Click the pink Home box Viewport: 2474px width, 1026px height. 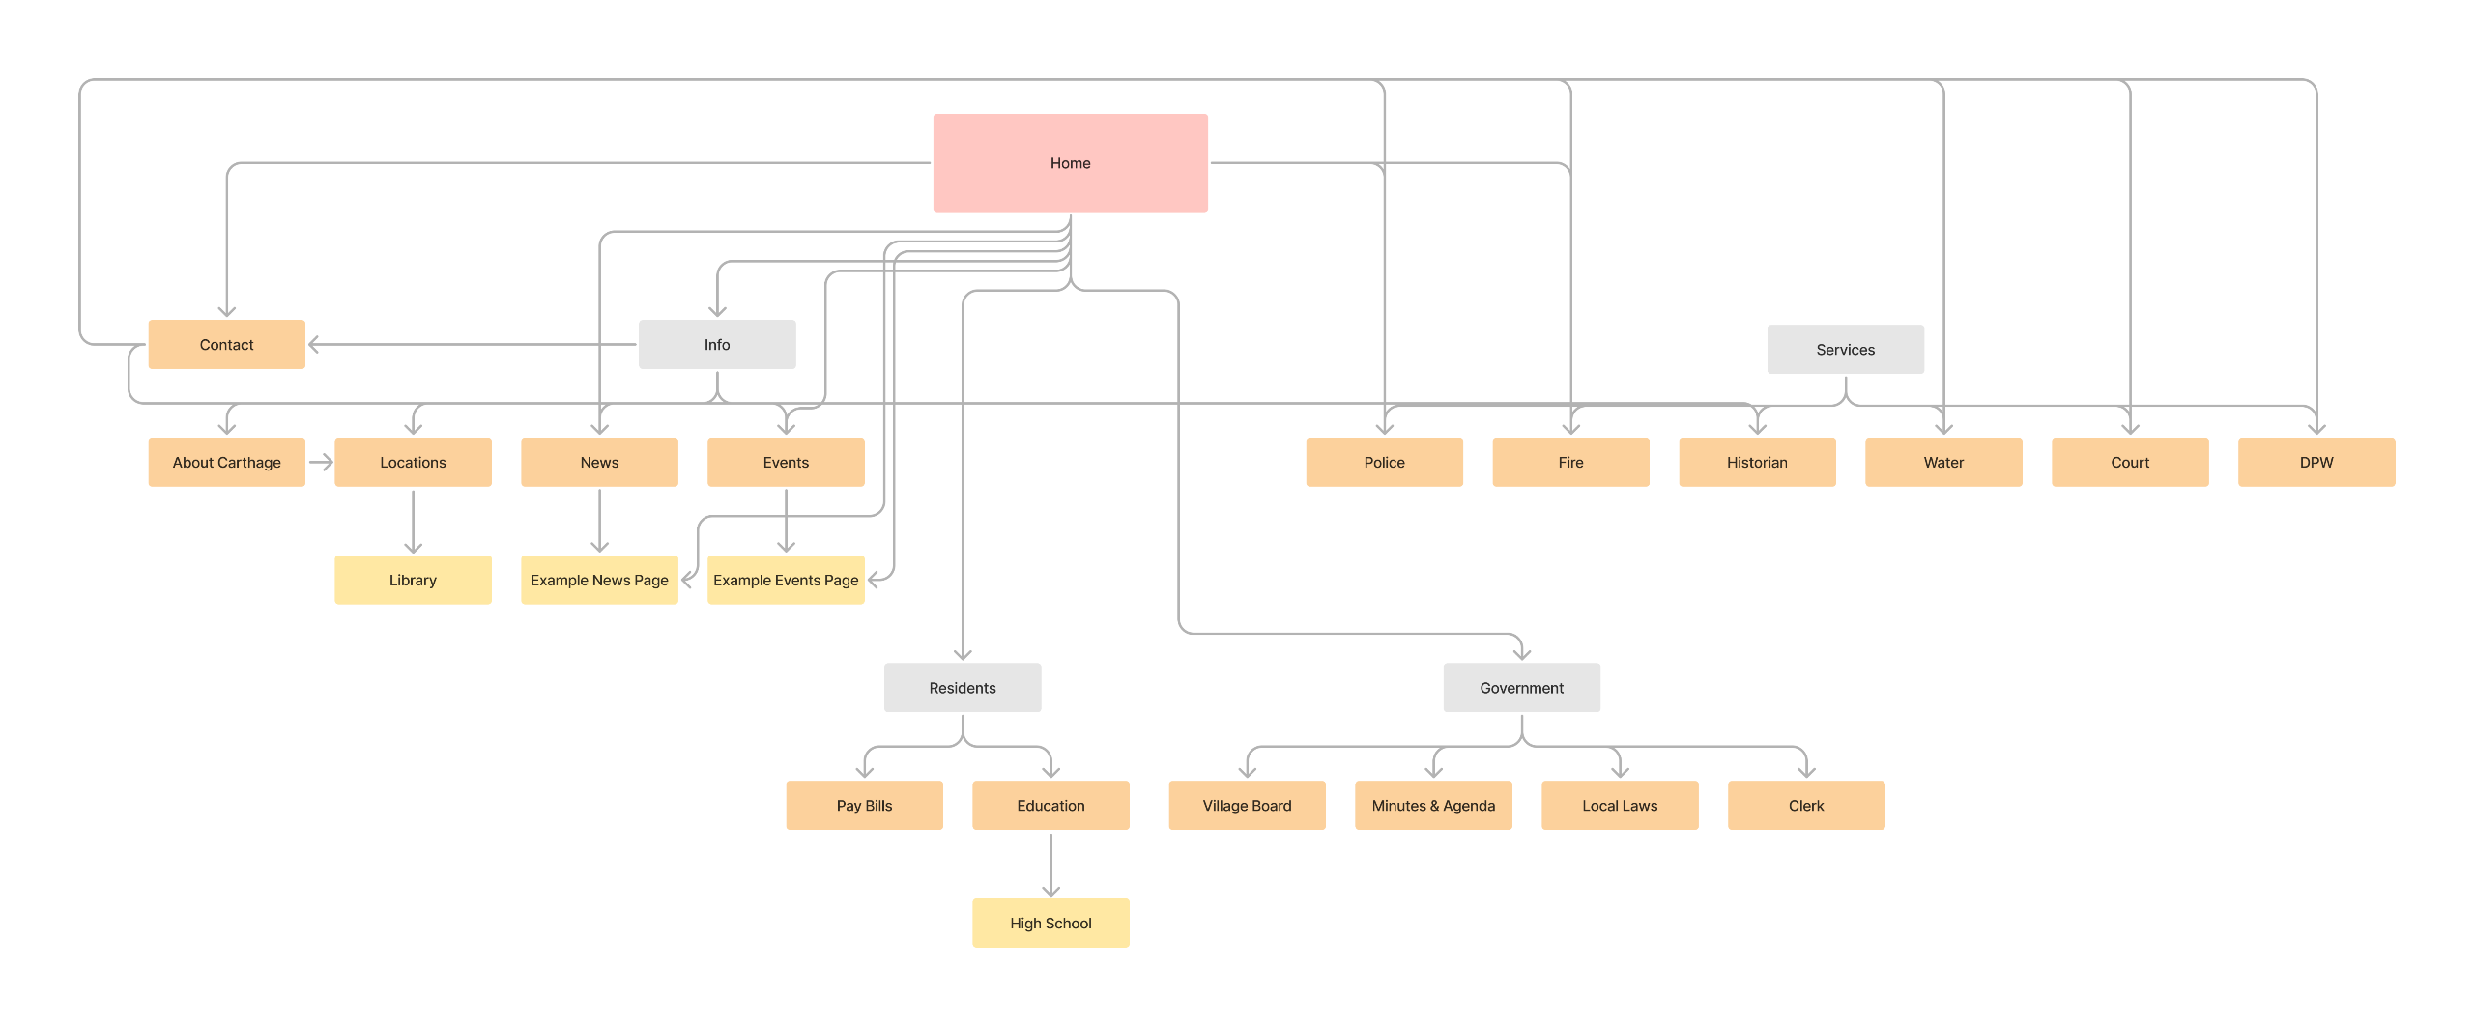pyautogui.click(x=1070, y=163)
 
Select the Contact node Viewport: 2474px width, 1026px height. pyautogui.click(x=226, y=345)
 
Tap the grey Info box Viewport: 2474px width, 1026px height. pyautogui.click(x=717, y=345)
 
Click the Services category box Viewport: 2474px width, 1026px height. pyautogui.click(x=1845, y=350)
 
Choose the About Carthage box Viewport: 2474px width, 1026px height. pyautogui.click(x=226, y=463)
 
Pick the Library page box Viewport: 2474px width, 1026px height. pyautogui.click(x=413, y=581)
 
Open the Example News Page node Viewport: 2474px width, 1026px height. pyautogui.click(x=599, y=581)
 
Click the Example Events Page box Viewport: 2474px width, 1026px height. pyautogui.click(x=786, y=581)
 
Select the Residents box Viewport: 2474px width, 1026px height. pyautogui.click(x=963, y=688)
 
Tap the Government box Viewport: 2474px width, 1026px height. pyautogui.click(x=1521, y=688)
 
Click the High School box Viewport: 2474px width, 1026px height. pyautogui.click(x=1050, y=924)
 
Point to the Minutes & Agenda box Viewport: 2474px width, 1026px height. pyautogui.click(x=1433, y=806)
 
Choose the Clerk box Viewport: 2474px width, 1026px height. pyautogui.click(x=1805, y=806)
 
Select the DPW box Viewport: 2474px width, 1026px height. pyautogui.click(x=2316, y=463)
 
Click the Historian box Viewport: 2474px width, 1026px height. pyautogui.click(x=1757, y=463)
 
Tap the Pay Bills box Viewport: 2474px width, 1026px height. pyautogui.click(x=864, y=806)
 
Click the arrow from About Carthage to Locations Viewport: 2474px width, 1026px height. pyautogui.click(x=321, y=463)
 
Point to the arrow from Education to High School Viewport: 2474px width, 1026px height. pyautogui.click(x=1050, y=865)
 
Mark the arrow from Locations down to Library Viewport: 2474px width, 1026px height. pyautogui.click(x=413, y=522)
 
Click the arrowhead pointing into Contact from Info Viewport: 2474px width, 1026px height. pyautogui.click(x=314, y=345)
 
